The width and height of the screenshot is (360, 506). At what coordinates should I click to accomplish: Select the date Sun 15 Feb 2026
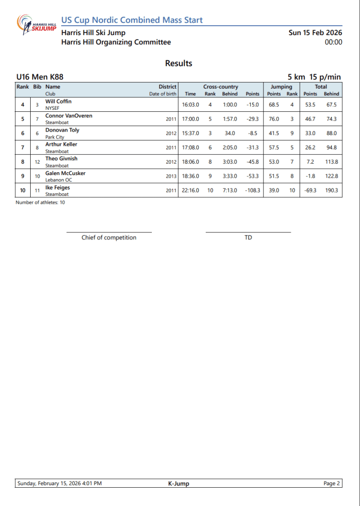[x=315, y=33]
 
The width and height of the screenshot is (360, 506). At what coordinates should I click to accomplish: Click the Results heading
[x=179, y=63]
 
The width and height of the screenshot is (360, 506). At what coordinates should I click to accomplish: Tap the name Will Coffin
[x=58, y=101]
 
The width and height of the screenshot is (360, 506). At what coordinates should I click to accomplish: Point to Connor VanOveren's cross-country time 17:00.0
[x=190, y=119]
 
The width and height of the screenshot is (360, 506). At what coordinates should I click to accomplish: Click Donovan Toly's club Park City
[x=55, y=137]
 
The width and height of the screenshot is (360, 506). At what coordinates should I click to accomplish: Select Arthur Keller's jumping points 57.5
[x=273, y=148]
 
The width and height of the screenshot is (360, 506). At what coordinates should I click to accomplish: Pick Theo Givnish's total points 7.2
[x=310, y=162]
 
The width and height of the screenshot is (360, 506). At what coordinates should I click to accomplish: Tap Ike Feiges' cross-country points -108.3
[x=252, y=191]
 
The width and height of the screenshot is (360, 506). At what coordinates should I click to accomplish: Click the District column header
[x=167, y=87]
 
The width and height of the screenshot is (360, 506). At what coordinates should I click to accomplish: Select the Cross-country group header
[x=221, y=87]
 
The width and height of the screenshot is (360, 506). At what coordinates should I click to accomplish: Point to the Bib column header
[x=37, y=87]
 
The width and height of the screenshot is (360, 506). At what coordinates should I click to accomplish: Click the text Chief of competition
[x=109, y=238]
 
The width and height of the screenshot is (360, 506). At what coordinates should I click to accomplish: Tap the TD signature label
[x=248, y=238]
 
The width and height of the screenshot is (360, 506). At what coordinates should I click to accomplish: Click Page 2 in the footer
[x=332, y=484]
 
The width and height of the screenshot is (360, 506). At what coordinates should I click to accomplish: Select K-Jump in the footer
[x=179, y=484]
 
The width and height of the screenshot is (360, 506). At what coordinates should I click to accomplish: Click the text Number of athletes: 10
[x=40, y=202]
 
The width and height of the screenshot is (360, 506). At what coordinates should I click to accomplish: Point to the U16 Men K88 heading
[x=40, y=77]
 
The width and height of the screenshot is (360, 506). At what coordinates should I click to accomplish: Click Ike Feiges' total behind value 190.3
[x=331, y=191]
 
